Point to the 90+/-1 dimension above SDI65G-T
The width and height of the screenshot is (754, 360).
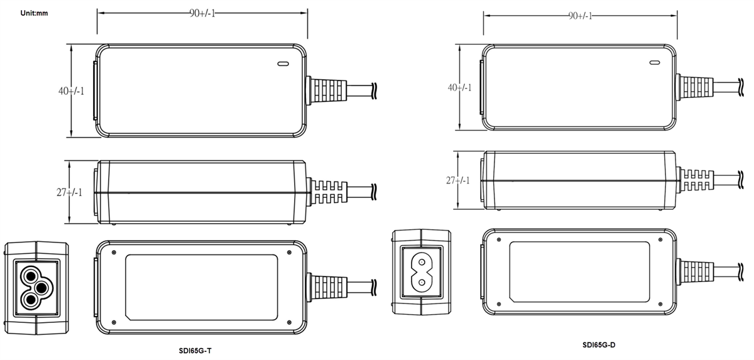[202, 14]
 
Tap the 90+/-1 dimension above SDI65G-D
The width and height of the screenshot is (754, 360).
[580, 16]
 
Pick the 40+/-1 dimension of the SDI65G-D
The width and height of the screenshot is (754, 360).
[459, 87]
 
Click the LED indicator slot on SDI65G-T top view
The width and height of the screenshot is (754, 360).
[282, 63]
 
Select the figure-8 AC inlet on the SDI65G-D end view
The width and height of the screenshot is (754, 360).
[420, 273]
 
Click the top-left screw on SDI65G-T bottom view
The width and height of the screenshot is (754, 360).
[113, 253]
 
